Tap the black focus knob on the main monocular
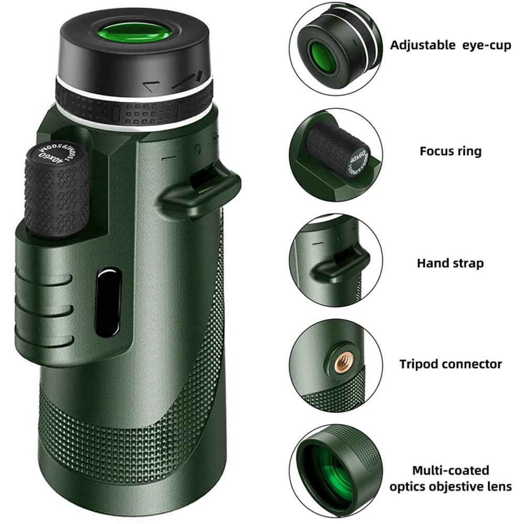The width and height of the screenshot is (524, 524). (57, 191)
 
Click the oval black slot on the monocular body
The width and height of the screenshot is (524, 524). (108, 302)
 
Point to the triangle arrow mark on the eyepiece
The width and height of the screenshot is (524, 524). (151, 87)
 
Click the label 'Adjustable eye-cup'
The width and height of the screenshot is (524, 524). (450, 45)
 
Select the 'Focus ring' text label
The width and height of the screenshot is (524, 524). (450, 151)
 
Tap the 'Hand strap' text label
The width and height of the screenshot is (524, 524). (450, 263)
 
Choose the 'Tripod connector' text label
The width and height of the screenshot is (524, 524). (451, 364)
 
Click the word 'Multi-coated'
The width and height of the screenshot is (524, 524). (450, 470)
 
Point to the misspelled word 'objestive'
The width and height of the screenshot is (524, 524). (463, 486)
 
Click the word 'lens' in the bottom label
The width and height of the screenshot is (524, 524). (499, 486)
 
